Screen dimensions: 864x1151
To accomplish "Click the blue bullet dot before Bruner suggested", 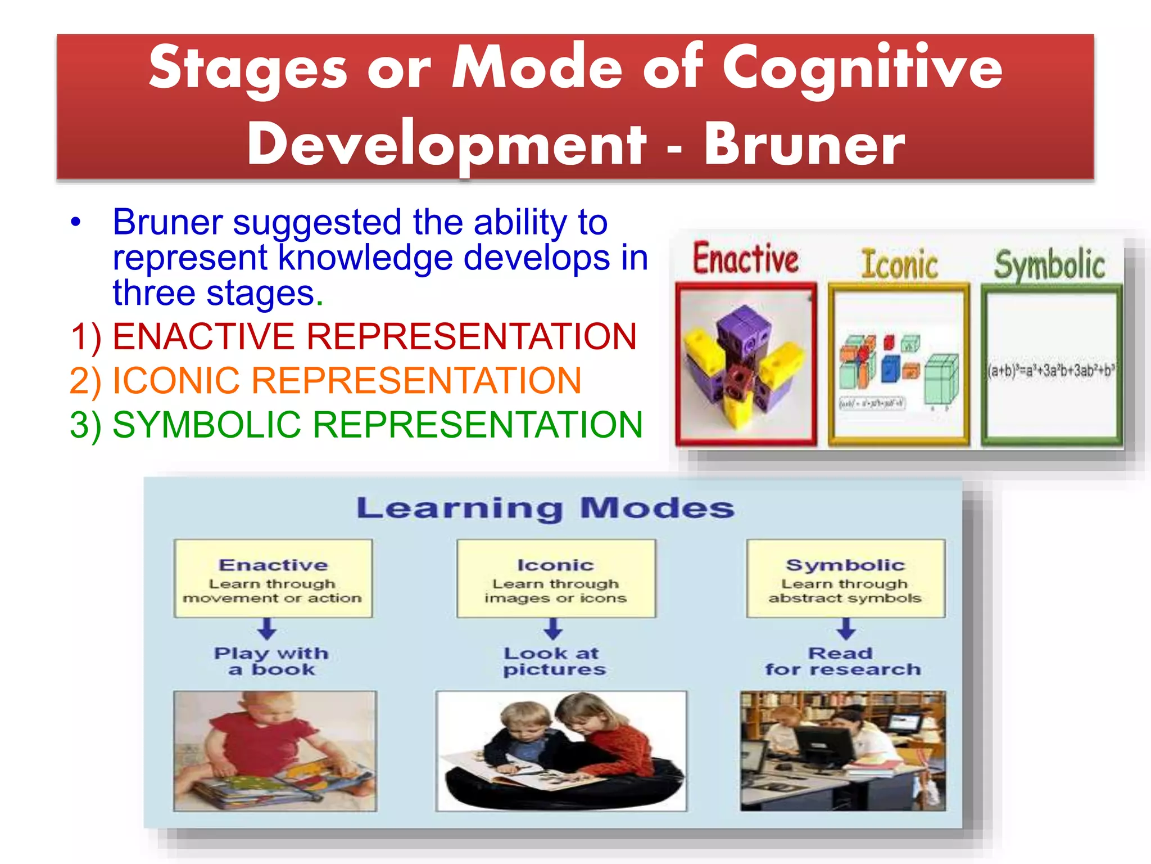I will click(x=76, y=222).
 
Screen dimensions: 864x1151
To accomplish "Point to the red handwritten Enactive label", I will click(x=745, y=259).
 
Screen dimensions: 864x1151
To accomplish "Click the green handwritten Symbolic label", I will click(x=1049, y=264).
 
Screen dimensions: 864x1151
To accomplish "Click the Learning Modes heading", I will click(x=545, y=508).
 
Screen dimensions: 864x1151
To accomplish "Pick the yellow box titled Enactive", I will click(x=273, y=578).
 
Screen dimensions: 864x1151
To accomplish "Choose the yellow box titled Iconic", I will click(x=556, y=578).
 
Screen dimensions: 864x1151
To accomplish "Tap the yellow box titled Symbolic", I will click(x=845, y=578).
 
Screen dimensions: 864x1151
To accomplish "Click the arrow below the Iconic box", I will click(x=554, y=628).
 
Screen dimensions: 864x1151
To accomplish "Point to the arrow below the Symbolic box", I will click(x=846, y=628).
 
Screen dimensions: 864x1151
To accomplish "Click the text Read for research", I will click(x=842, y=661).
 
